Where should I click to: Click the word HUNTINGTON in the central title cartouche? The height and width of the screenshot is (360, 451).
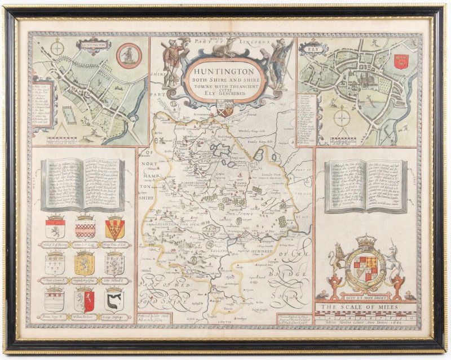224,72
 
